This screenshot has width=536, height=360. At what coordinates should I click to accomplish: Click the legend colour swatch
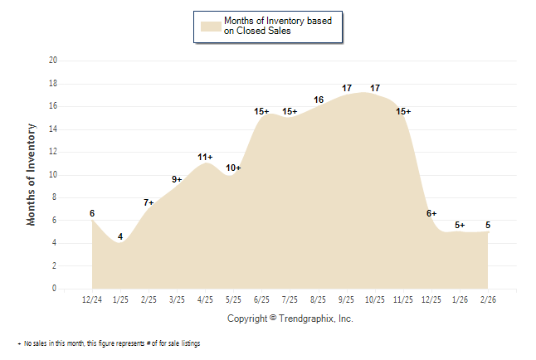pos(211,26)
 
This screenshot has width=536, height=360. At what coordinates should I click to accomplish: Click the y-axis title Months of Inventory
pos(32,174)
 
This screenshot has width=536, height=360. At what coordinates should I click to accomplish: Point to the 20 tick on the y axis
pos(53,61)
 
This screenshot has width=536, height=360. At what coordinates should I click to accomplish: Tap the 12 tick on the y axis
pos(53,152)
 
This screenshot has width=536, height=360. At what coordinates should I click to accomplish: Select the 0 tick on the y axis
pos(55,289)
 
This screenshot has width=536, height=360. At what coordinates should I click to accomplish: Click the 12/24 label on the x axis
pos(92,299)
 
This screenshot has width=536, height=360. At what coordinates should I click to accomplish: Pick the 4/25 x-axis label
pos(205,299)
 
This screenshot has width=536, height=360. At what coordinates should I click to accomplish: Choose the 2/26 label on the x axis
pos(487,299)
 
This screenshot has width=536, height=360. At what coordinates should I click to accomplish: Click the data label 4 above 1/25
pos(120,237)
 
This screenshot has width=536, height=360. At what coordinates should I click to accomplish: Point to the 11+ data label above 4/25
pos(205,157)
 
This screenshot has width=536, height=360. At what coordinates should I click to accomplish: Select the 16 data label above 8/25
pos(318,100)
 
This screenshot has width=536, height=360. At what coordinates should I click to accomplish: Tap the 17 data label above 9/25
pos(347,88)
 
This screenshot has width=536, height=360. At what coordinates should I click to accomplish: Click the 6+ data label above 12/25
pos(431,213)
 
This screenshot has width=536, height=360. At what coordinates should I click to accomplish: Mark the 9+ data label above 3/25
pos(177,179)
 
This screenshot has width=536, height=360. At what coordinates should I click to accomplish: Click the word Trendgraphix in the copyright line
pos(305,319)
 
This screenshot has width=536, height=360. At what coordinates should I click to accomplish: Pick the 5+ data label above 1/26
pos(460,225)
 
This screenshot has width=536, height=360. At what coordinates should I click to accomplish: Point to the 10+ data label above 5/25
pos(233,168)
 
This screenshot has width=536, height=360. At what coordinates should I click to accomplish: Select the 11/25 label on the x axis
pos(402,299)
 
